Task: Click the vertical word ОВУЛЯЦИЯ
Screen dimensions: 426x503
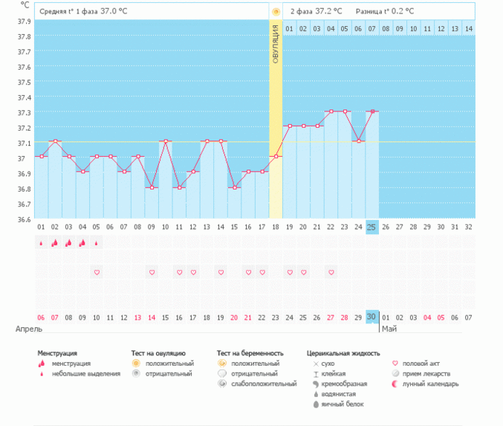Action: tap(276, 44)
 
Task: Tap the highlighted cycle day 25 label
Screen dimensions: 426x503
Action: tap(372, 227)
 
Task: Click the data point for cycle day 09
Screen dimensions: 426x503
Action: tap(152, 187)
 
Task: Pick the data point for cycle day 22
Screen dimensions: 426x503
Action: tap(331, 112)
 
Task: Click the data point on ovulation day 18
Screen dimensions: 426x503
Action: tap(276, 156)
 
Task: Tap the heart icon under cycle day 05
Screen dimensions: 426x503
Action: tap(97, 272)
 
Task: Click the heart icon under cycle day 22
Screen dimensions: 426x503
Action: tap(331, 272)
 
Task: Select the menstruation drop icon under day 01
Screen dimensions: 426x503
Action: tap(41, 243)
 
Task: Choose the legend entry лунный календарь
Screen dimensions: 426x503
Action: tap(435, 384)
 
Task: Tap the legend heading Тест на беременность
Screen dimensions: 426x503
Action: tap(250, 353)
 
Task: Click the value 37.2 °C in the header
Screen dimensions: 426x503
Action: tap(329, 11)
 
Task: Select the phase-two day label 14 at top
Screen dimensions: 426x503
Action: tap(468, 28)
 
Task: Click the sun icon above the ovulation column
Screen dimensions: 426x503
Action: tap(276, 12)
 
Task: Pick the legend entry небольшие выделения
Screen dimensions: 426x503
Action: tap(85, 374)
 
